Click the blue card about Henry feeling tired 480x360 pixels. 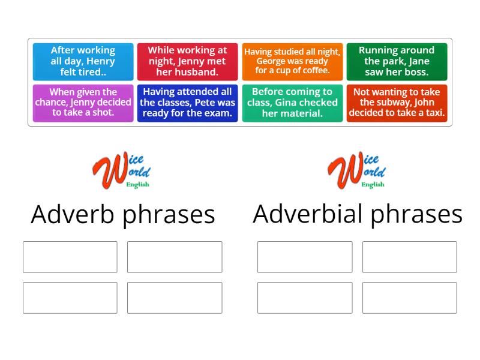[x=83, y=61]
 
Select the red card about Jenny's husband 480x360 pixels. [x=187, y=61]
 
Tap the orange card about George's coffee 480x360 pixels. [x=292, y=61]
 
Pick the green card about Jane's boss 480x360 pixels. [x=397, y=61]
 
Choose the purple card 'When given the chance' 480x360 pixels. [x=83, y=103]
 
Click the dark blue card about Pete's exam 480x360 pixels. [x=187, y=103]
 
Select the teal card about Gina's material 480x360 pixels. [x=292, y=103]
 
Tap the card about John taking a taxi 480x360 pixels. [x=397, y=103]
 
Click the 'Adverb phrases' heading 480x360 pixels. [x=123, y=214]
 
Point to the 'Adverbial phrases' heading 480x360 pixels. [x=358, y=214]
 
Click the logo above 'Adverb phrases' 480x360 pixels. [x=122, y=170]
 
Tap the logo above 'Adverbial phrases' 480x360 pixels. [x=357, y=170]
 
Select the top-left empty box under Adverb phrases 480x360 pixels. [x=70, y=257]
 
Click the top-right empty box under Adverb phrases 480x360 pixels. [x=175, y=257]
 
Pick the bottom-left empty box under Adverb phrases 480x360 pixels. [x=70, y=298]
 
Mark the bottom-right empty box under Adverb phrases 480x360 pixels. [x=175, y=298]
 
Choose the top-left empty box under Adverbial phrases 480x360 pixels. [x=305, y=257]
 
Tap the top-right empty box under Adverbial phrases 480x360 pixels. [x=409, y=257]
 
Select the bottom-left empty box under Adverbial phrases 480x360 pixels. [x=305, y=298]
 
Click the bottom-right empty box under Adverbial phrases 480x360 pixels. [x=409, y=298]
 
